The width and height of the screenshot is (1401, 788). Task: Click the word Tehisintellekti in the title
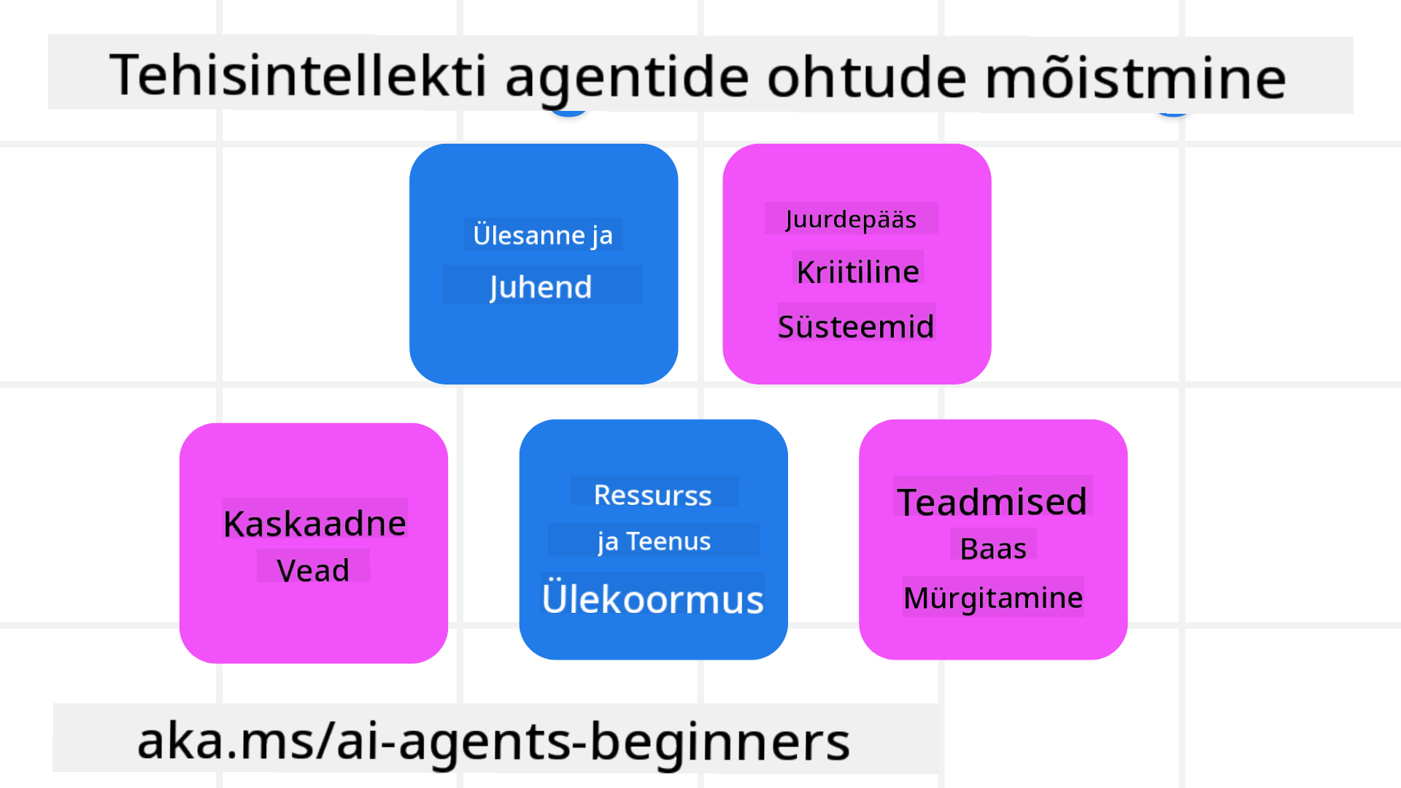tap(298, 75)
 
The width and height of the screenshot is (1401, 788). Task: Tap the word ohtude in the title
tap(867, 76)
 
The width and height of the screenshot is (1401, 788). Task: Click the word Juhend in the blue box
tap(541, 287)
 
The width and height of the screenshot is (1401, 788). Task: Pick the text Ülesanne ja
tap(543, 235)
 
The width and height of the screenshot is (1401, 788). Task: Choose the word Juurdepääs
tap(851, 220)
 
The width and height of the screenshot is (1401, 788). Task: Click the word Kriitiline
tap(858, 271)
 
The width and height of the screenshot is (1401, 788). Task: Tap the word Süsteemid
tap(856, 325)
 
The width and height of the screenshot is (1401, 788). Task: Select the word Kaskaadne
tap(314, 523)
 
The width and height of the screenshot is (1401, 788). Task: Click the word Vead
tap(313, 570)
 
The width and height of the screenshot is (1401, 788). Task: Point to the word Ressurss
tap(653, 495)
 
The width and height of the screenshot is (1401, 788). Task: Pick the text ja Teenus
tap(654, 541)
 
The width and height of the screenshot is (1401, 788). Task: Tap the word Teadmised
tap(992, 502)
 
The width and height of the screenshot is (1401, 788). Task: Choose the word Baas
tap(993, 549)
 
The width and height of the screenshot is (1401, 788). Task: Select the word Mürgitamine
tap(993, 598)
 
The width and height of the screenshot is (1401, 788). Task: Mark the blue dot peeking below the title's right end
tap(1173, 113)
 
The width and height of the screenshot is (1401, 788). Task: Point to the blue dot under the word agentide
tap(568, 113)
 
